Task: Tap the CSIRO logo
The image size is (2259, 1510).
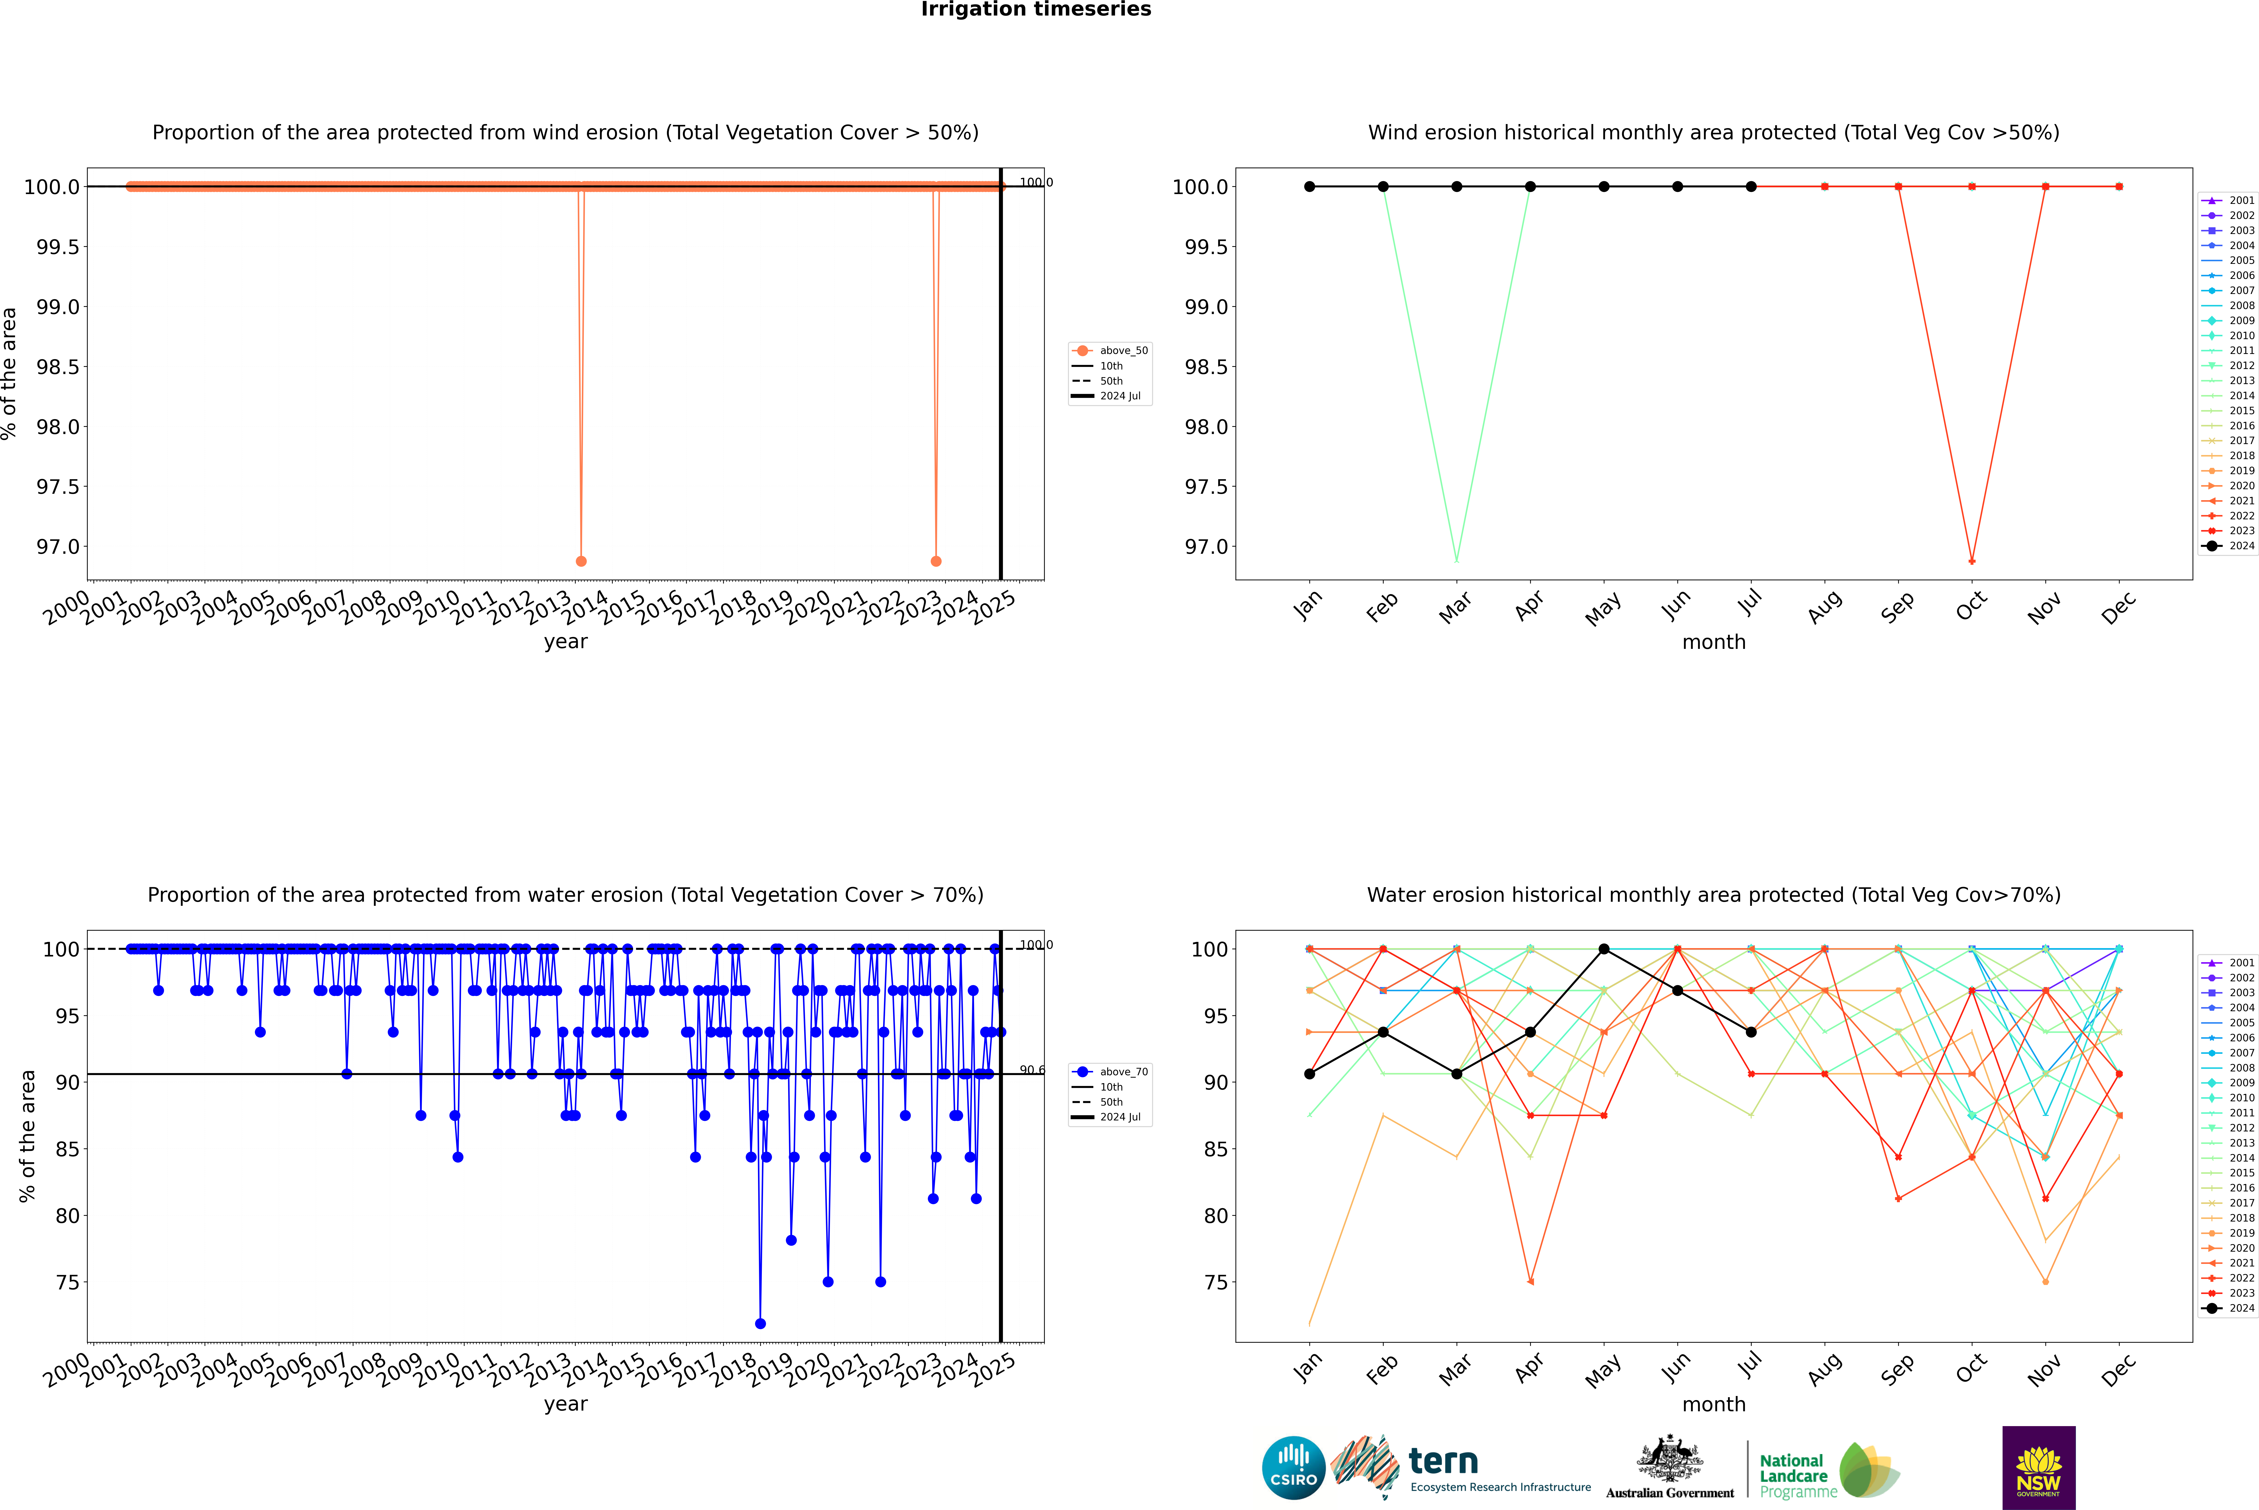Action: pos(1293,1468)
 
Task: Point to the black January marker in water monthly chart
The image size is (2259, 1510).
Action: pos(1310,1074)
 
